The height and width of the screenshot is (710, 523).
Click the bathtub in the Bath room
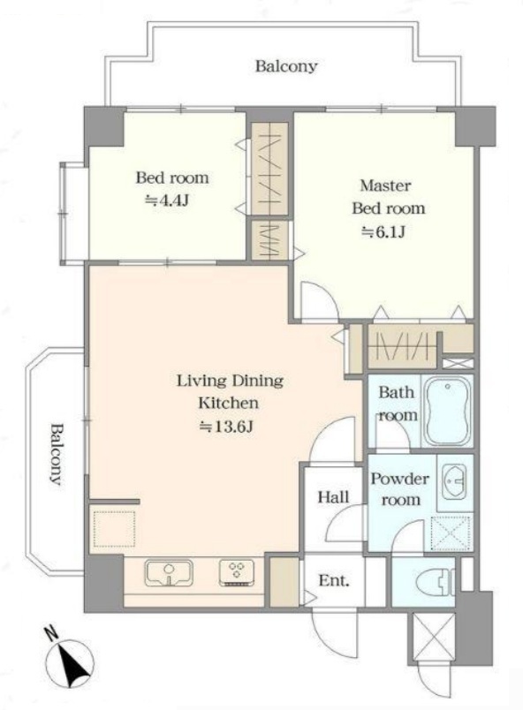(447, 412)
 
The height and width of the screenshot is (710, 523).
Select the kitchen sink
(169, 573)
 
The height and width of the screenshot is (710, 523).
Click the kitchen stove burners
(237, 573)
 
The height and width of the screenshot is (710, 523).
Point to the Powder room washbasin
(455, 483)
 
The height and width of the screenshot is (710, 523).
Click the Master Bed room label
(388, 197)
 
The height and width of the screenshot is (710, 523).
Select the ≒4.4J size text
(167, 200)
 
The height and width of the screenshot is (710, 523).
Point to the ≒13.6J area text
(226, 427)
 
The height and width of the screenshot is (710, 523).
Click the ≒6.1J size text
(383, 232)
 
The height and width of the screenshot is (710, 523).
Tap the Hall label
(333, 497)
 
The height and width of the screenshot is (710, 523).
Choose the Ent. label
(334, 580)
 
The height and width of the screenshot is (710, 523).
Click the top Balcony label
(286, 66)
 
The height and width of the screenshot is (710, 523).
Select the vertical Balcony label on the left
(57, 454)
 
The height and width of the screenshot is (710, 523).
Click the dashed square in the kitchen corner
(114, 528)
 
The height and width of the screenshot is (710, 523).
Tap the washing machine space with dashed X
(451, 533)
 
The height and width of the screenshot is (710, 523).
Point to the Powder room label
(400, 489)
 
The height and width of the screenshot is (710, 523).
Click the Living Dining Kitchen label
(230, 391)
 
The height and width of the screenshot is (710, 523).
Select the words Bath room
(398, 403)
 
